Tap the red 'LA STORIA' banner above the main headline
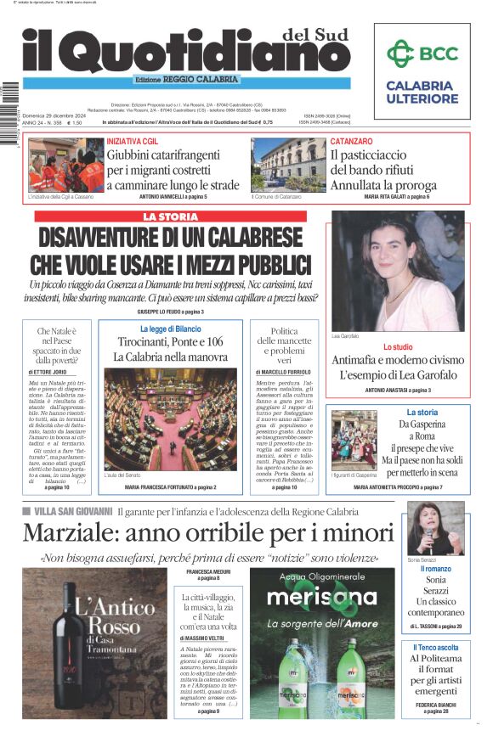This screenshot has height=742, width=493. (x=170, y=216)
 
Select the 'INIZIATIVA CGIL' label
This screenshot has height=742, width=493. (x=136, y=140)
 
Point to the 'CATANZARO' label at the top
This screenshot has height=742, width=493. (x=351, y=140)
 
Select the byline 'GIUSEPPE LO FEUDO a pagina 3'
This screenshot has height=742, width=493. (x=170, y=312)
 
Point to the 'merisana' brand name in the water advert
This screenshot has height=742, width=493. (x=321, y=597)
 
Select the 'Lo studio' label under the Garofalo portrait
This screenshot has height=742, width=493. (x=398, y=347)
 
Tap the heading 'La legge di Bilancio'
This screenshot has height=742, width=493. (x=170, y=329)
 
